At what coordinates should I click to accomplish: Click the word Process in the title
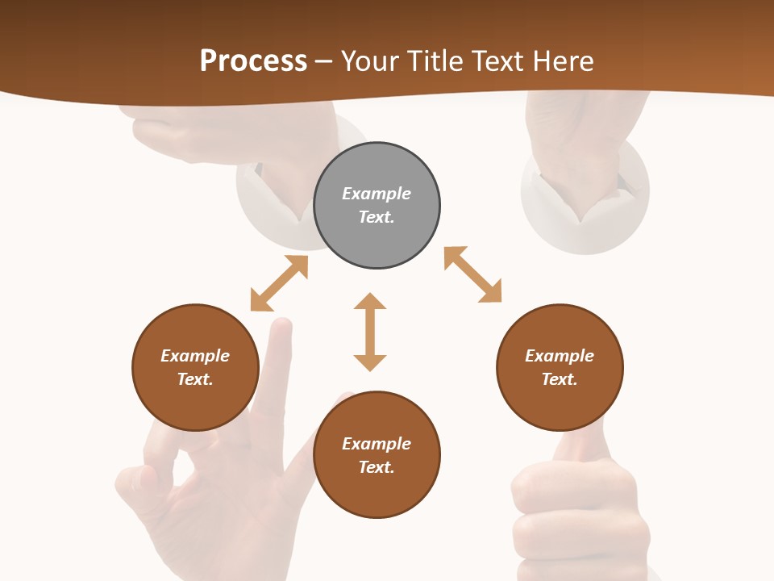(253, 61)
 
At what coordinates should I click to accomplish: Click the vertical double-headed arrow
(370, 332)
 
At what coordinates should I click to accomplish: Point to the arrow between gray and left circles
(279, 283)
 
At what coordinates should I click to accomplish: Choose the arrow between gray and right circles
(472, 274)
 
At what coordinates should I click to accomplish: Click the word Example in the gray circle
(377, 194)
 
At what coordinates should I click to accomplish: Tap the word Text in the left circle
(195, 379)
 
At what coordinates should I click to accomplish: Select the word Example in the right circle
(560, 356)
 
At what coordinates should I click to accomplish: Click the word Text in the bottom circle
(377, 467)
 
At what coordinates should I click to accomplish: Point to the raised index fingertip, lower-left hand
(281, 326)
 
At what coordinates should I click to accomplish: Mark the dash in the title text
(324, 61)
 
